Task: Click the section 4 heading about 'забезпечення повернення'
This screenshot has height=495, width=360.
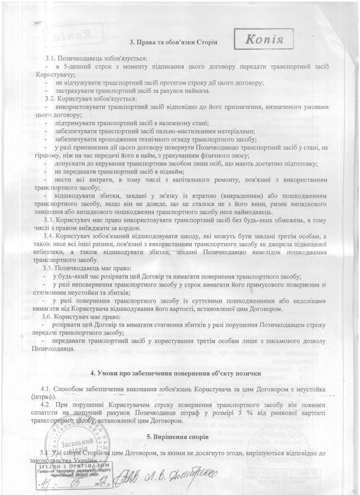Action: coord(177,374)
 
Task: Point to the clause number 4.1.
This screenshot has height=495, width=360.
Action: coord(47,389)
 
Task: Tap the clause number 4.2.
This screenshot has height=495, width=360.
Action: coord(47,405)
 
